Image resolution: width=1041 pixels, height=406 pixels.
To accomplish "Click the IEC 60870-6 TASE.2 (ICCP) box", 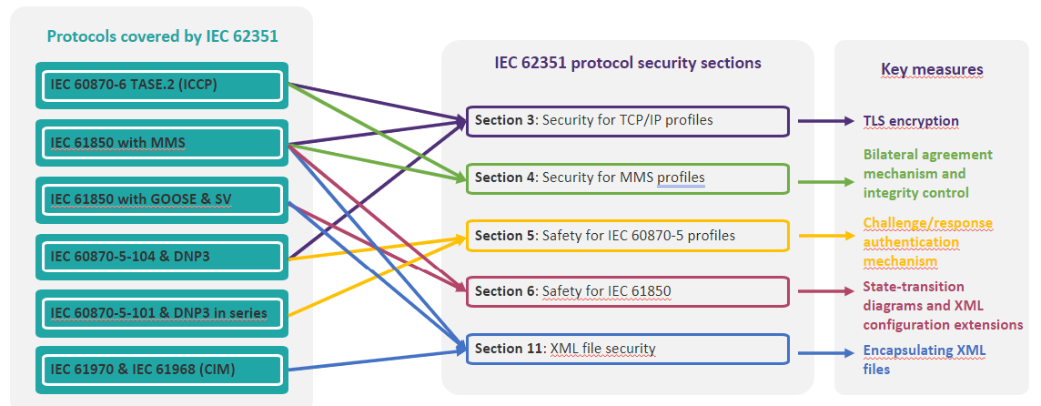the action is tap(161, 85).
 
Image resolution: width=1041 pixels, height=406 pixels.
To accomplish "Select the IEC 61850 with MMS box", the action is tap(161, 142).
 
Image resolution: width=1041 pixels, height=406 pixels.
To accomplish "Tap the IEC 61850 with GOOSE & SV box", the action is tap(161, 199).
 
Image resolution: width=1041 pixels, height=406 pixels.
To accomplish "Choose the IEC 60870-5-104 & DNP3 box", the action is tap(161, 257).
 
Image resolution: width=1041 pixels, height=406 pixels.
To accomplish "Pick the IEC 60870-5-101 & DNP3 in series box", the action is tap(161, 312).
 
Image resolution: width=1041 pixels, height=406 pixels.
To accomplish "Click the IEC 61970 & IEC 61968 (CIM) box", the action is tap(161, 369).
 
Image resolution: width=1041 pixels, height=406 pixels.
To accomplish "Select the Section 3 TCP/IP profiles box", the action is tap(627, 121).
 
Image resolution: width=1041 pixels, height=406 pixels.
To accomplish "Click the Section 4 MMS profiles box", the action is tap(627, 178).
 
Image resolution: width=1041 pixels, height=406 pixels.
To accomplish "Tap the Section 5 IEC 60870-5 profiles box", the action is tap(627, 235).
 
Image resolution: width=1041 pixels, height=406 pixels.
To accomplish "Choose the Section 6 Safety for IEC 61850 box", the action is tap(627, 291).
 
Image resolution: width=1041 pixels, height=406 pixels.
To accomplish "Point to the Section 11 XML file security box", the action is tap(627, 349).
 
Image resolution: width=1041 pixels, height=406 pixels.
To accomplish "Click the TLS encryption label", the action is tap(911, 121).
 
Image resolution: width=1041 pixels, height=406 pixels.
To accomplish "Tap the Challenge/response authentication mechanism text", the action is tap(927, 241).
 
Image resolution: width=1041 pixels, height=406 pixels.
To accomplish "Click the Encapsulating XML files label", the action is tap(925, 360).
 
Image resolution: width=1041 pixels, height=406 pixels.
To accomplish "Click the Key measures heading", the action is tap(932, 69).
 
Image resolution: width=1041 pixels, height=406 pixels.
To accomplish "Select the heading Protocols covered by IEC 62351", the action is tap(163, 36).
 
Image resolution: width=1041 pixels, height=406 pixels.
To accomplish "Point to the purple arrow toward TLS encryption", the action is tap(824, 121).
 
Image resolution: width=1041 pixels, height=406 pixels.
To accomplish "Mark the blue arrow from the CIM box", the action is tap(376, 359).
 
